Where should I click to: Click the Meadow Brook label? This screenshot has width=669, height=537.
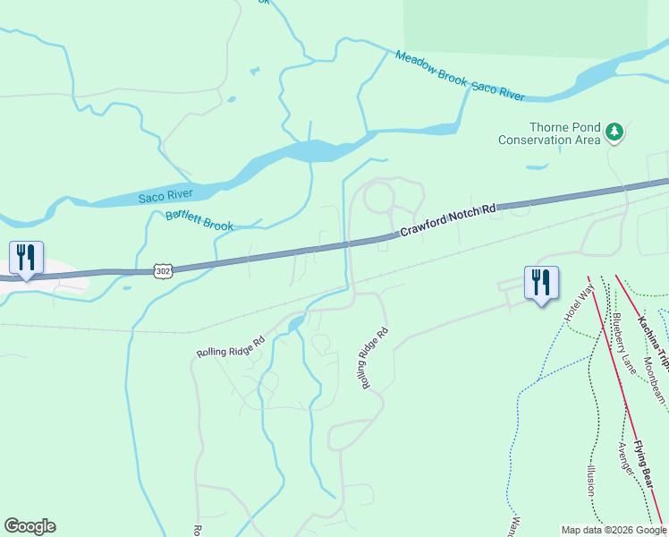click(431, 68)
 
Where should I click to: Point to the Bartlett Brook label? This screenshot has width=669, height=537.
click(199, 221)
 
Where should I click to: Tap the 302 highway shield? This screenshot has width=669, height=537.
click(161, 269)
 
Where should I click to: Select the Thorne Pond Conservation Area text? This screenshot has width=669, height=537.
click(549, 134)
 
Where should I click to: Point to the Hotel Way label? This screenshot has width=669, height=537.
click(578, 304)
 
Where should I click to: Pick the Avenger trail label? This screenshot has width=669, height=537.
click(625, 458)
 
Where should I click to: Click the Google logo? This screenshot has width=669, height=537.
click(30, 526)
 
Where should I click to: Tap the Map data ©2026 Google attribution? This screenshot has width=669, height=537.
click(614, 530)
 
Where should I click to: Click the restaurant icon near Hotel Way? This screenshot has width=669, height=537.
click(541, 282)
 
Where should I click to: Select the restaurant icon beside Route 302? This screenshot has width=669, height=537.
click(26, 258)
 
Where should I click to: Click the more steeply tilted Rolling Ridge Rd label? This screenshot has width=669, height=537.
click(375, 357)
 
